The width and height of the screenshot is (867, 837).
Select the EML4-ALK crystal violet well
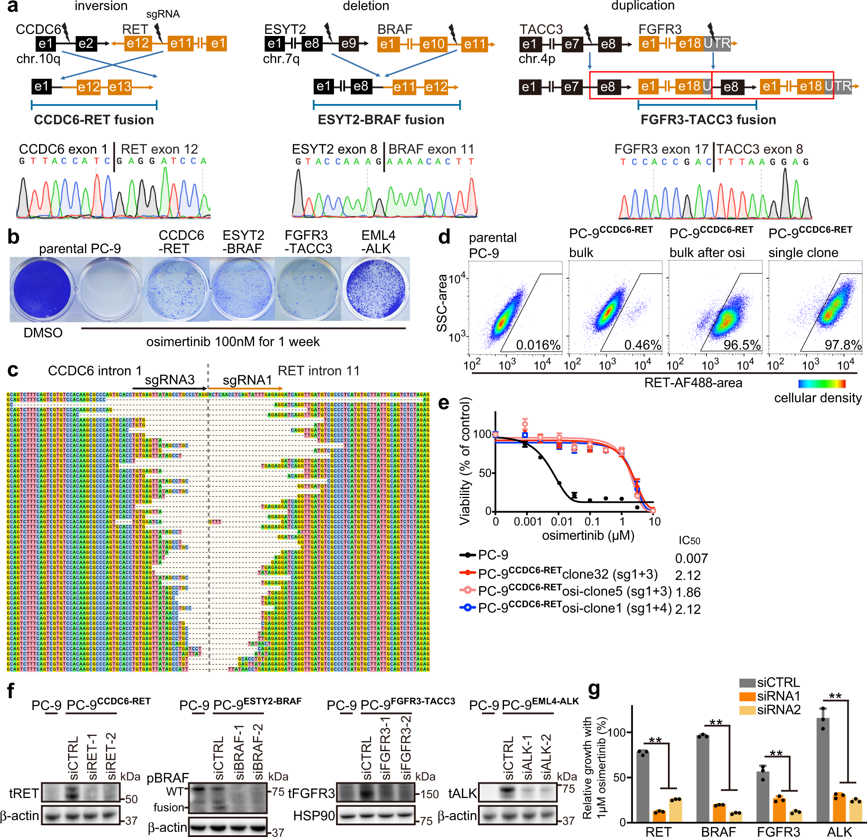pos(376,290)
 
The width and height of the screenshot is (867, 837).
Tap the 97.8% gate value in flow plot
pos(843,345)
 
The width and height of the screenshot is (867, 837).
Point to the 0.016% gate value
pos(538,345)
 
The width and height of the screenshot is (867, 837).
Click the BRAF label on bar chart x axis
pos(718,832)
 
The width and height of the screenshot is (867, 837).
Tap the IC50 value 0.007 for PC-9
pos(691,558)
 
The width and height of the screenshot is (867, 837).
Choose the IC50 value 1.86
pos(688,592)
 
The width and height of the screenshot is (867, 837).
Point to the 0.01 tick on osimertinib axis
pos(562,522)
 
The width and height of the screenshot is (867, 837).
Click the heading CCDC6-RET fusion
pos(94,120)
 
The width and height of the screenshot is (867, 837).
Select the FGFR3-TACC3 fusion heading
pos(708,120)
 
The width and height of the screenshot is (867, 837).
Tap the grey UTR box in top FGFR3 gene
pos(717,43)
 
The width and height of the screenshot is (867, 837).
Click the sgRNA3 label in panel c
pos(170,380)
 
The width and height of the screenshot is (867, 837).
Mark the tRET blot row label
pos(23,793)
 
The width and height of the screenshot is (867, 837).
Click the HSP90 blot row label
pos(314,816)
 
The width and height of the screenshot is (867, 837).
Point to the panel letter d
pos(444,238)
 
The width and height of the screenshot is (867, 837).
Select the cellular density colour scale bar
pos(822,384)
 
